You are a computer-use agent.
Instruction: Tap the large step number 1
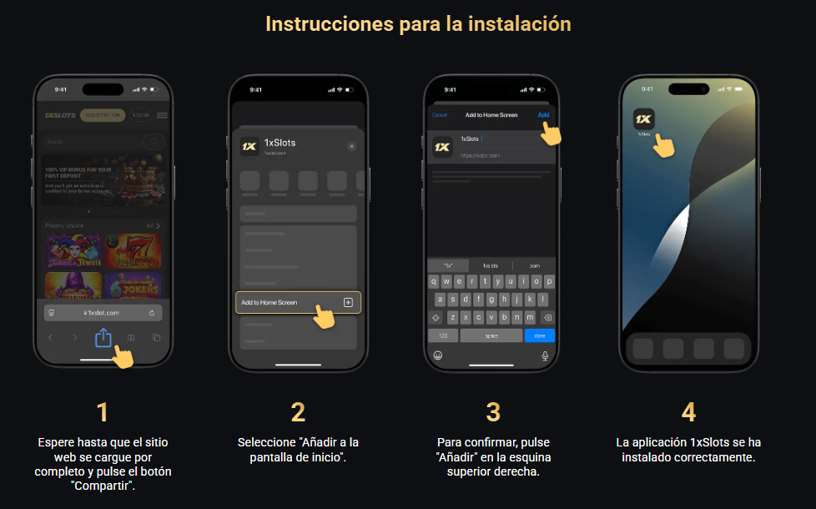tap(103, 412)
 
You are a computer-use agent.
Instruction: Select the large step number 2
tap(298, 412)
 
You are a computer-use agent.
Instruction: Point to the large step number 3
tap(493, 412)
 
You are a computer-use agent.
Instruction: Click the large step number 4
tap(688, 412)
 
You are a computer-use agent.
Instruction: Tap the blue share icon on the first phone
tap(103, 338)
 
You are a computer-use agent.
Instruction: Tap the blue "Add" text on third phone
tap(543, 114)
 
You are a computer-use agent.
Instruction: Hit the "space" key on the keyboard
tap(492, 335)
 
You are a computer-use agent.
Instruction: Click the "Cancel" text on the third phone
tap(440, 114)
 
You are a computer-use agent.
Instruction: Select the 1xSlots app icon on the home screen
tap(644, 119)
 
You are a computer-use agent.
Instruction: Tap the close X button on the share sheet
tap(351, 146)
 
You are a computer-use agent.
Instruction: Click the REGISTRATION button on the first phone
tap(103, 115)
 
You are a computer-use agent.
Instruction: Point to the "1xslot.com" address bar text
tap(103, 312)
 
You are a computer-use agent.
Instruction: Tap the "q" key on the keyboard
tap(435, 281)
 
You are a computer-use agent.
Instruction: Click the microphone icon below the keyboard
tap(546, 355)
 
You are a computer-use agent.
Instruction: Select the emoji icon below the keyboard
tap(437, 355)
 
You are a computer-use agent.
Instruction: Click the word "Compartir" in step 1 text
tap(103, 486)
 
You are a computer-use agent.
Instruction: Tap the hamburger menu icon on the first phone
tap(162, 115)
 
